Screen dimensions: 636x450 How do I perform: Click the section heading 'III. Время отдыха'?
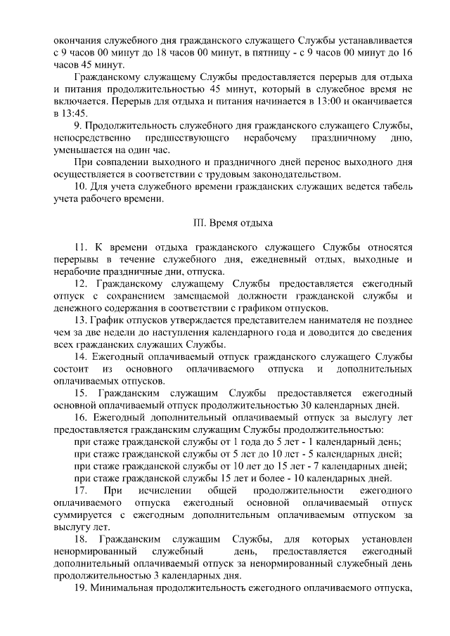coord(232,224)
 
